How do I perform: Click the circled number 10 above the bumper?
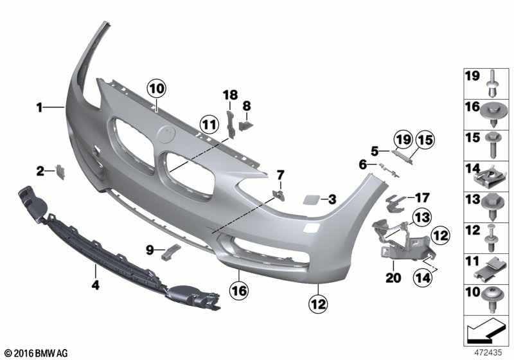coord(156,87)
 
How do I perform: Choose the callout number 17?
coord(421,197)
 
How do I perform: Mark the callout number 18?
coord(230,95)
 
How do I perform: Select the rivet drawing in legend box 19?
coord(492,84)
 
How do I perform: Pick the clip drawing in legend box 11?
coord(492,267)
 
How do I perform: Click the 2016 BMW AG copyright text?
coord(36,353)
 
